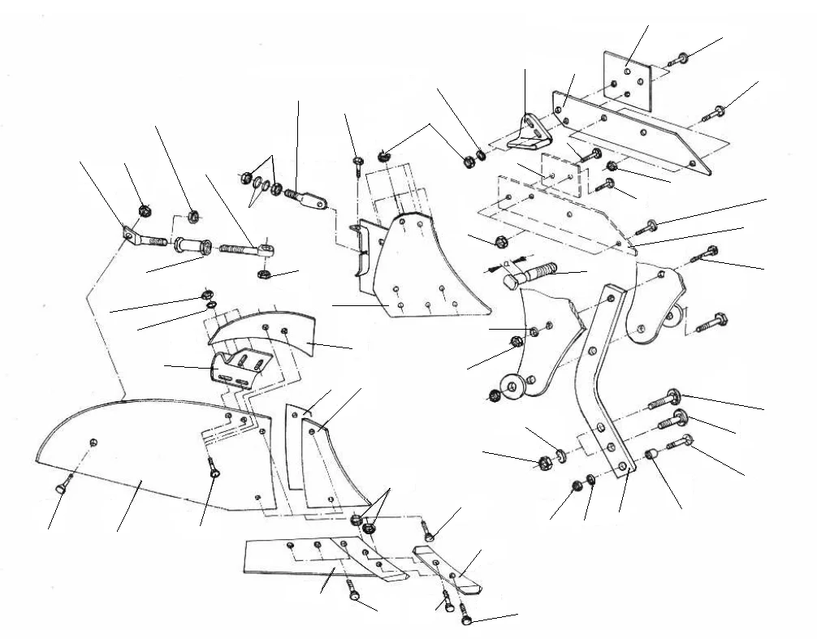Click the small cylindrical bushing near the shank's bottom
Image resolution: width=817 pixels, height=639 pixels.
[x=650, y=456]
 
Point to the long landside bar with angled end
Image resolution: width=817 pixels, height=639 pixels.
[x=642, y=130]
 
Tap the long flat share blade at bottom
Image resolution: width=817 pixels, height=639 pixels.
[x=317, y=560]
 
